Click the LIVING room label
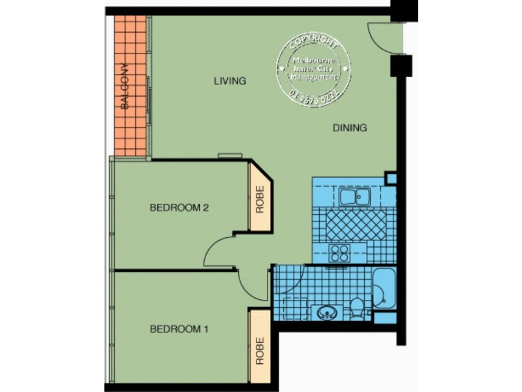(x=230, y=82)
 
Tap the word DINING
(x=350, y=128)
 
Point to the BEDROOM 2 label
(x=179, y=208)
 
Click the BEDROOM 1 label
(x=179, y=329)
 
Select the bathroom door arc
(x=288, y=278)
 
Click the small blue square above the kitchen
(x=390, y=178)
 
